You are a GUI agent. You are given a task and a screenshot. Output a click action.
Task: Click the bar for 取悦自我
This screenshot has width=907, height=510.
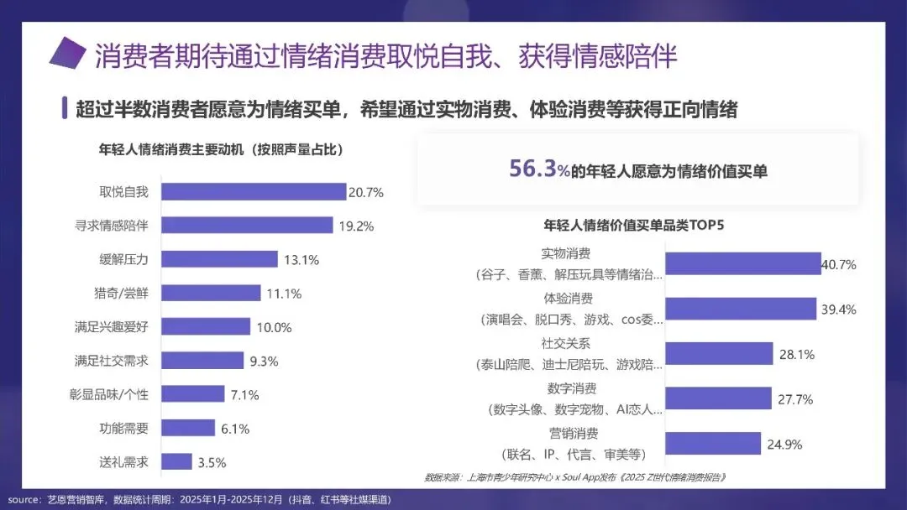pos(254,192)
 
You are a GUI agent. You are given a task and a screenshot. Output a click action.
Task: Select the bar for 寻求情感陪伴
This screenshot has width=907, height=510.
pos(247,226)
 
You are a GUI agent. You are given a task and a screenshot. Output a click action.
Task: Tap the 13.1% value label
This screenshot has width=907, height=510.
pos(301,260)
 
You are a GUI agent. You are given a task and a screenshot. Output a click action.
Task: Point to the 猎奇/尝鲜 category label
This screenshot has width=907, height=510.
pos(121,293)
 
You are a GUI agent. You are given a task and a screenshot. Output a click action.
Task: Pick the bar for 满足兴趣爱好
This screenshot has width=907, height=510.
pos(206,326)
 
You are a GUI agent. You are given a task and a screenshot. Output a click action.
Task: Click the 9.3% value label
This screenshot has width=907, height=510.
pos(264,361)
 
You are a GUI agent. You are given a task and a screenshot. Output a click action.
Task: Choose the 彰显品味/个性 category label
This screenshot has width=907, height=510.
pos(108,394)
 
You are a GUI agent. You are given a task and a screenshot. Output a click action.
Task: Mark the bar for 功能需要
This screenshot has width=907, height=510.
pos(188,428)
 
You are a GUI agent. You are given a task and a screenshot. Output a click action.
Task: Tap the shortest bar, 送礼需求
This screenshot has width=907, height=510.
pos(176,461)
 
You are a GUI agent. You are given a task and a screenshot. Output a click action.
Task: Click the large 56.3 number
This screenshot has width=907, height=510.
pos(532,168)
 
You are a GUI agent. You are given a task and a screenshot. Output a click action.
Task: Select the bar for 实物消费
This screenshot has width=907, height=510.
pos(742,263)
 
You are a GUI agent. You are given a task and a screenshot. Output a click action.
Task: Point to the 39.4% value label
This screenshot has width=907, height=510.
pos(838,310)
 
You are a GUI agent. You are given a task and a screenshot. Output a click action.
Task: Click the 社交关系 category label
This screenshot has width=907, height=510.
pos(565,343)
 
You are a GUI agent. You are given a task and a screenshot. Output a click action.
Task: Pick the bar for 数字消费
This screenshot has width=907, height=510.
pos(718,398)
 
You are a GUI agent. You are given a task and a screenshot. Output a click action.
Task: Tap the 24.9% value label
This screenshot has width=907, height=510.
pos(784,445)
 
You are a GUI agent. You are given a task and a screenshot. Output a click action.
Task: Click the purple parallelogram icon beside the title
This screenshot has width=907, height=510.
pos(68,53)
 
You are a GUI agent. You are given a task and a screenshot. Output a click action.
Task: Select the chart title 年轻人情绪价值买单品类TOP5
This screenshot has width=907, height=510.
pos(633,225)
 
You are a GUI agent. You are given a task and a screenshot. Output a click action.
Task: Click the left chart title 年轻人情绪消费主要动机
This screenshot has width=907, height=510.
pos(171,149)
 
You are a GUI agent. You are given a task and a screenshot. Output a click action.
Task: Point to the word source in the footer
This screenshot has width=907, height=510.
pos(24,500)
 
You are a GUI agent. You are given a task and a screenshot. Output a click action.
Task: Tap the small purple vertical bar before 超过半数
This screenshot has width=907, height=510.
pos(65,108)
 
